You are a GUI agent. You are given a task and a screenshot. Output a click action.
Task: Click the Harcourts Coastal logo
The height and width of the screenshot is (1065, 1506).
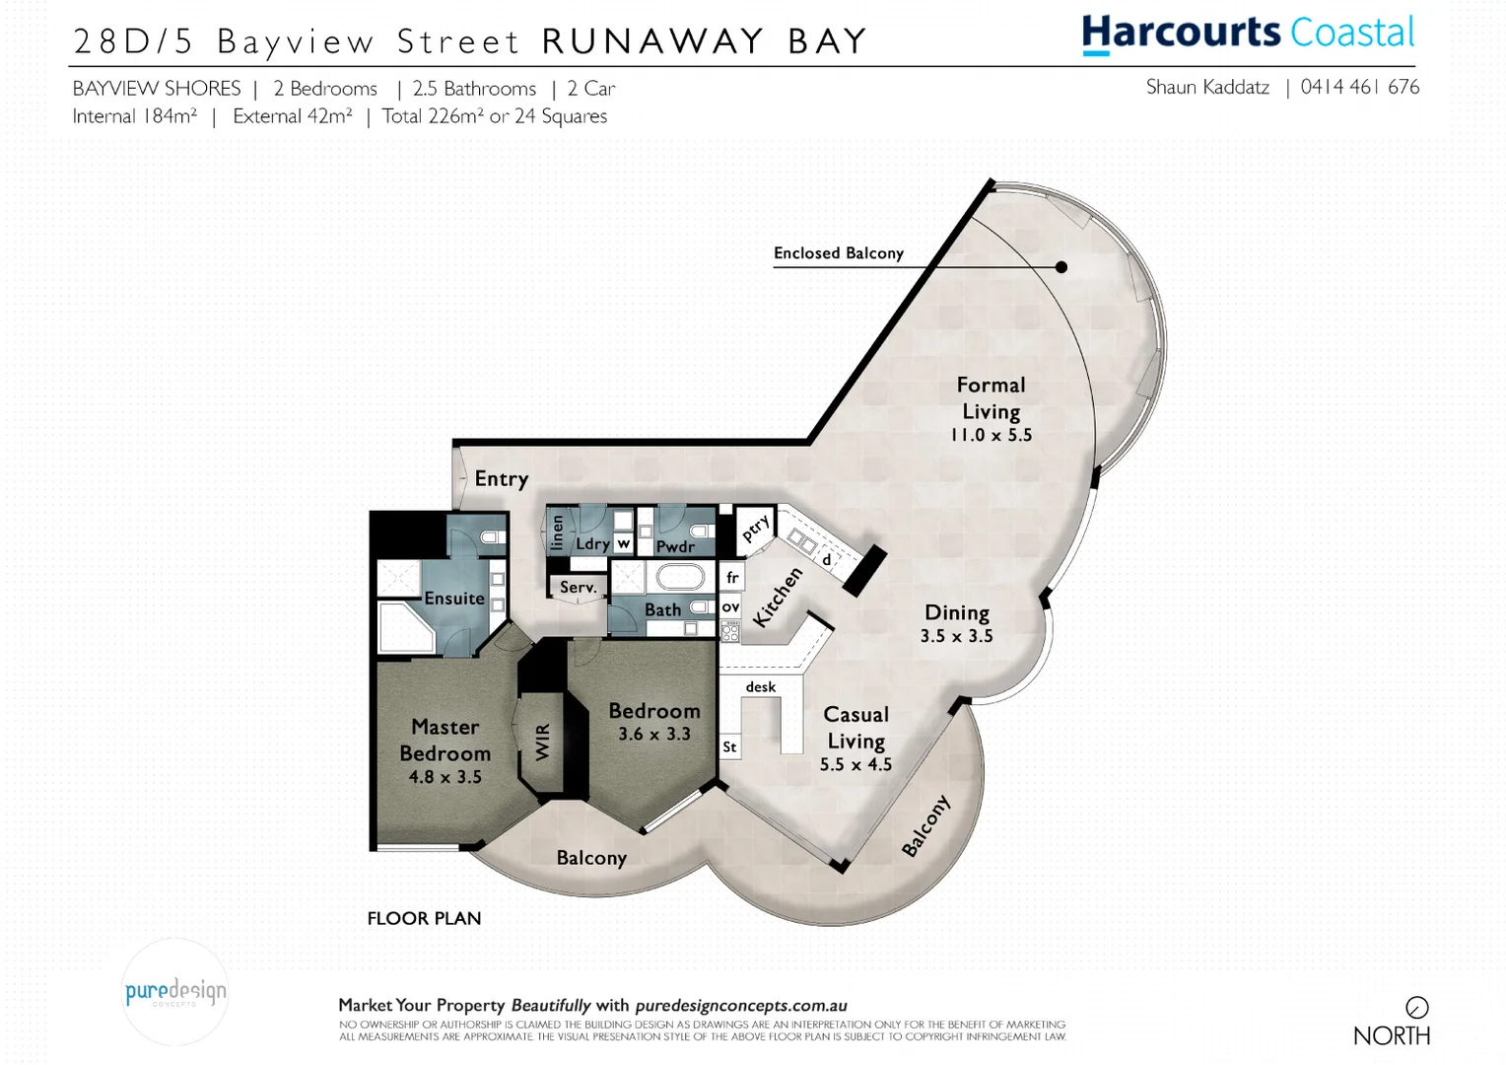tap(1248, 34)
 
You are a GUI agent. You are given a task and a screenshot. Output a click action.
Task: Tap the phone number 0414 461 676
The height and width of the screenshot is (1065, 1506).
tap(1360, 87)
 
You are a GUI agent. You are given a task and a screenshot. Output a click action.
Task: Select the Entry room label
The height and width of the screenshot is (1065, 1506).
tap(502, 479)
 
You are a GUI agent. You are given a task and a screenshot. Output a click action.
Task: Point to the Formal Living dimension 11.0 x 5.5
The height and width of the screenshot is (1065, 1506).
tap(991, 435)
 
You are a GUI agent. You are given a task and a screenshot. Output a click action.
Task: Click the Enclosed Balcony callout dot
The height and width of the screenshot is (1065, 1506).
tap(1061, 267)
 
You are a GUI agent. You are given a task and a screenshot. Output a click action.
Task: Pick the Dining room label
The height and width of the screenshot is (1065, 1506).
tap(956, 613)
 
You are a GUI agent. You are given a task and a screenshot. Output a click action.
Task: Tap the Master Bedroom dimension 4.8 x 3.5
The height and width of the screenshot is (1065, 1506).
tap(445, 777)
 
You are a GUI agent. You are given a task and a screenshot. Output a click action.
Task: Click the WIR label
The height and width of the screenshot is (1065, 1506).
tap(542, 743)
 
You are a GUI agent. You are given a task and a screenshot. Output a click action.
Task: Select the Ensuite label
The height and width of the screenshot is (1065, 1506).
tap(454, 599)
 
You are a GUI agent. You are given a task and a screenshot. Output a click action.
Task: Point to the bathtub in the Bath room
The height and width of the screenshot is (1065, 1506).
tap(680, 576)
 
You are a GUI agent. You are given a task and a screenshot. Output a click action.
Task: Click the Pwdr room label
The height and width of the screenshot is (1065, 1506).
tap(675, 546)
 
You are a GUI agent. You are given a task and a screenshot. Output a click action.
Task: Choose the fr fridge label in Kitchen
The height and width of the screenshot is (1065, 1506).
tap(731, 578)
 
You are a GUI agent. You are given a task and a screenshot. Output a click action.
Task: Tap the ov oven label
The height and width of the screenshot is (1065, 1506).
tap(730, 607)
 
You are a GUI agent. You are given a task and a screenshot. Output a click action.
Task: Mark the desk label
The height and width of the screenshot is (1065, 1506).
tap(760, 687)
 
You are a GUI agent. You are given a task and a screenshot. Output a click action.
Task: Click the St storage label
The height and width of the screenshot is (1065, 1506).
tap(729, 747)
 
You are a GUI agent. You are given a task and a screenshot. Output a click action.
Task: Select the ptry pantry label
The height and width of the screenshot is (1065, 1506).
tap(755, 529)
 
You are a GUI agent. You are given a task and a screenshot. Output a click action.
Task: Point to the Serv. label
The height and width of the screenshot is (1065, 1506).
tap(578, 588)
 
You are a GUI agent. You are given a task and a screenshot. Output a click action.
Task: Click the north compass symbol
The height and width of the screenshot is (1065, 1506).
tap(1417, 1008)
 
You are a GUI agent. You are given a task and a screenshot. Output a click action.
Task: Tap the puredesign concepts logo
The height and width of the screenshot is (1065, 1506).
tap(175, 992)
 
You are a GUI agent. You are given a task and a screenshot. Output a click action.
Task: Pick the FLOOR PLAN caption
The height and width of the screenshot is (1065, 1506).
tap(424, 919)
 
